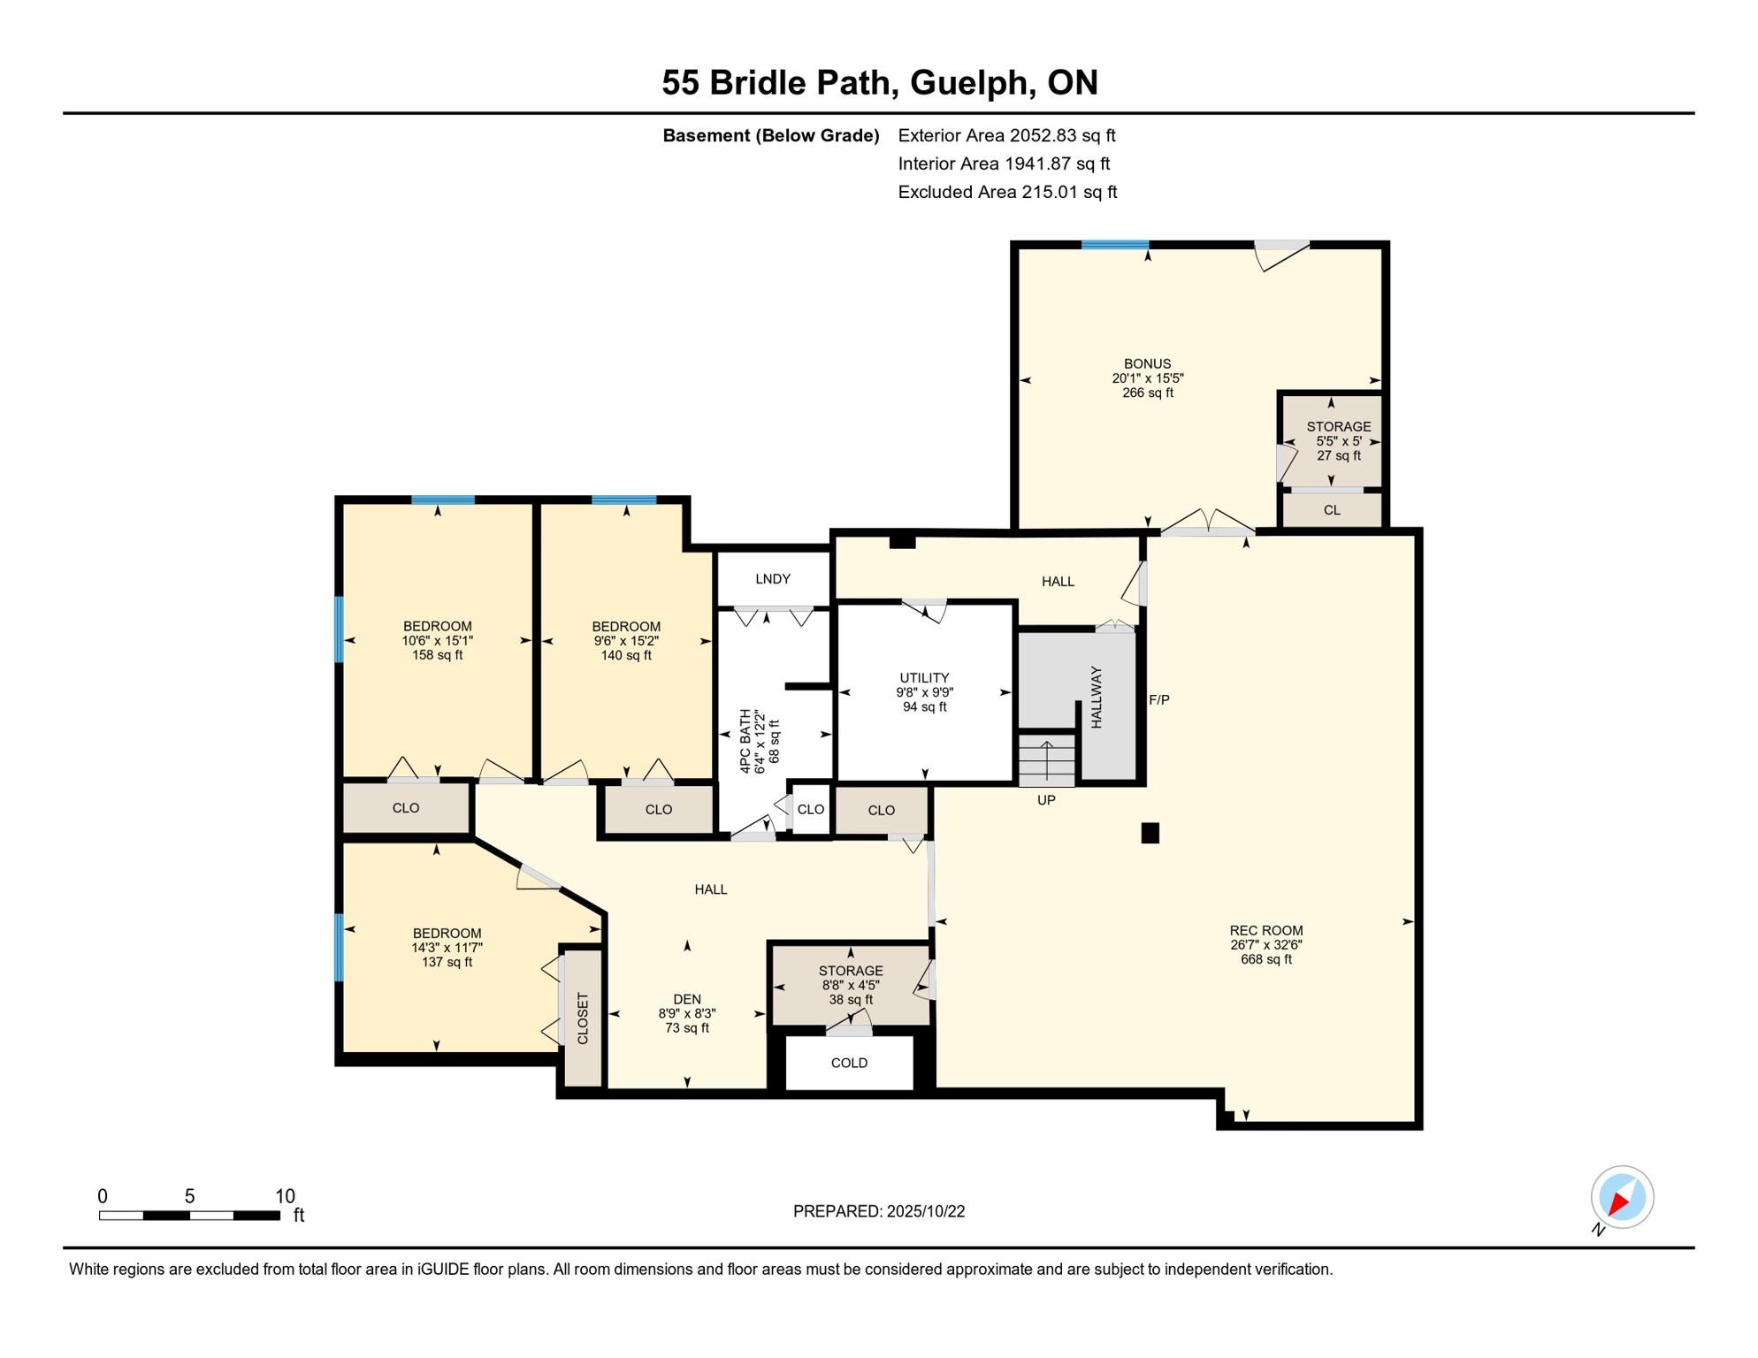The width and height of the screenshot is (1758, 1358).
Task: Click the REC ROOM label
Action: [x=1265, y=930]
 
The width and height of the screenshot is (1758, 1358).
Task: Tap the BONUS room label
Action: [x=1147, y=363]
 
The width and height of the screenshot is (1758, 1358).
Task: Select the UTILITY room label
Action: [x=924, y=678]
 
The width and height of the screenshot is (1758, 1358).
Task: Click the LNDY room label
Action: [x=772, y=579]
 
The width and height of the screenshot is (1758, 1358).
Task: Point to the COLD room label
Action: [x=849, y=1063]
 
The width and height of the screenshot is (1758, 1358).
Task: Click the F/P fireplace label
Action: [x=1158, y=699]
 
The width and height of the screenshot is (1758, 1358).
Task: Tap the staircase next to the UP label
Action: [x=1046, y=760]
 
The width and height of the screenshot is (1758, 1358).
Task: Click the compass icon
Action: [x=1621, y=1198]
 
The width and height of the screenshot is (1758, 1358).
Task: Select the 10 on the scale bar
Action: [x=285, y=1196]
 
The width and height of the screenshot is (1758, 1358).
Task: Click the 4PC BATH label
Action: [x=745, y=741]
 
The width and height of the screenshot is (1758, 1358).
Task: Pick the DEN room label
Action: [x=686, y=999]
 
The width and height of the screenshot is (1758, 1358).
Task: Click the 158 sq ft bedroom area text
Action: [x=437, y=655]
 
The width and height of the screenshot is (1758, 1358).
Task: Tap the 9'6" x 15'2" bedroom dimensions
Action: [x=626, y=641]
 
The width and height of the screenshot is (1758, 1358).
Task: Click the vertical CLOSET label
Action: [x=583, y=1018]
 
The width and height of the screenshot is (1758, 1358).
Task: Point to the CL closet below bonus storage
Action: [x=1331, y=510]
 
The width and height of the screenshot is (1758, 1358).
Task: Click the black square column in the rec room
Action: [x=1150, y=833]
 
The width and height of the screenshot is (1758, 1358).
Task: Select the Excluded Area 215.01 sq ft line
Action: [x=1007, y=192]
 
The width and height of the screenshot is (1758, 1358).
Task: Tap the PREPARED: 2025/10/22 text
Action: [x=878, y=1211]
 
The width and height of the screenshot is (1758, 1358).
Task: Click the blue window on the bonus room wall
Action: [x=1114, y=245]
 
